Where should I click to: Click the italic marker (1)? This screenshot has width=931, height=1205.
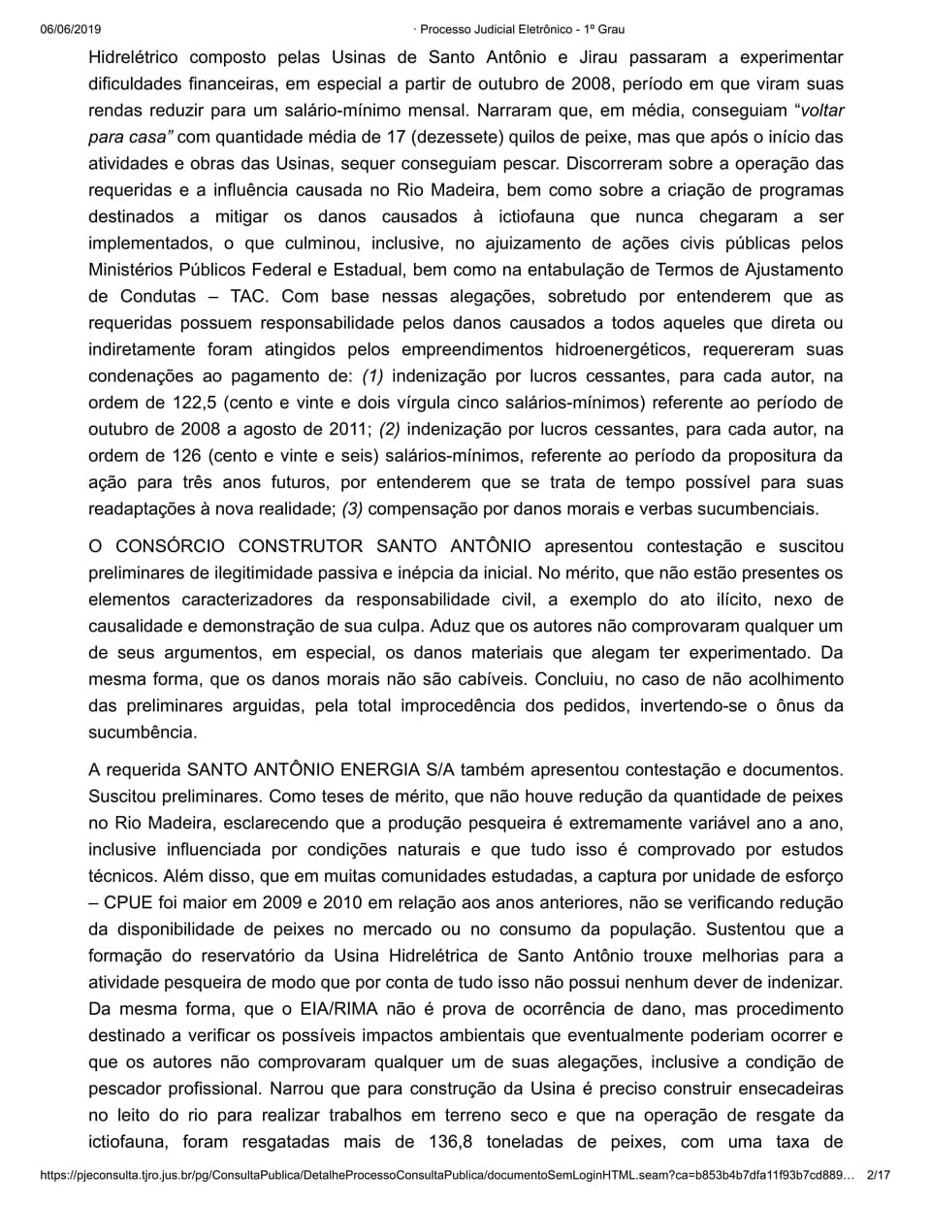click(372, 375)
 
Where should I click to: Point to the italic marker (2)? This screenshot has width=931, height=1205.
click(398, 428)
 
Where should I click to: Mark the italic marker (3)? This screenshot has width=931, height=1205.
click(353, 507)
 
